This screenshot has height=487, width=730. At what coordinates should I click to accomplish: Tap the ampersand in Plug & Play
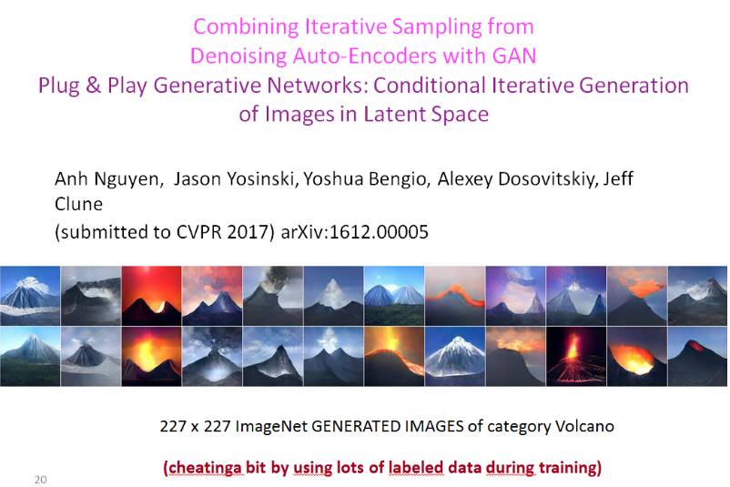[x=94, y=86]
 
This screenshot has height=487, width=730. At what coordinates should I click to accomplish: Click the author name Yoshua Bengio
[x=365, y=178]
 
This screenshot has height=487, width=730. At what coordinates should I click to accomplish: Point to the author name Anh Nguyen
[x=107, y=179]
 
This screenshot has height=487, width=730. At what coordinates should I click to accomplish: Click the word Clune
[x=78, y=204]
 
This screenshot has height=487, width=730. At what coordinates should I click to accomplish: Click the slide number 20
[x=40, y=480]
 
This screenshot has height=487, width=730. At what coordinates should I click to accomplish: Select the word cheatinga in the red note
[x=206, y=467]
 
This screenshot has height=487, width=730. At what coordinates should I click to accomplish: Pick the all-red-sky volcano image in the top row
[x=152, y=296]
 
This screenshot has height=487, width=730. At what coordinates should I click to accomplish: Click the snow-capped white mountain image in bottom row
[x=455, y=356]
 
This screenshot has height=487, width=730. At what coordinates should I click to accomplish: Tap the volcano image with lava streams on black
[x=576, y=356]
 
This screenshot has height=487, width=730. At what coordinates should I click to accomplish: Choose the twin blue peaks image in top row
[x=394, y=296]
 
